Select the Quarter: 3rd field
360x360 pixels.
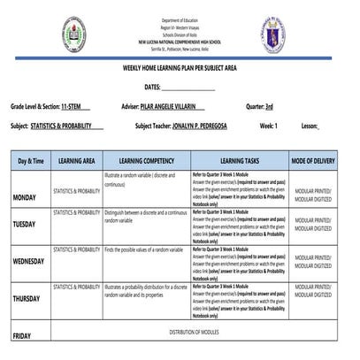[259, 107]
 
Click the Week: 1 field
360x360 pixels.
[268, 126]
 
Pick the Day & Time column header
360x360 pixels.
[31, 162]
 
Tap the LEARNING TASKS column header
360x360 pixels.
[239, 162]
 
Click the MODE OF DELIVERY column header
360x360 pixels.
[313, 162]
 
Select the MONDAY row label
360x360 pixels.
[24, 198]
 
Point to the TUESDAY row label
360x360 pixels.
[24, 225]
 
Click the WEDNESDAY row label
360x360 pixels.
[28, 263]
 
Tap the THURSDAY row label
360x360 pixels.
[26, 300]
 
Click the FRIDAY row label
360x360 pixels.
[21, 335]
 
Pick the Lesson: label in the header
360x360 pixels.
[310, 126]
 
